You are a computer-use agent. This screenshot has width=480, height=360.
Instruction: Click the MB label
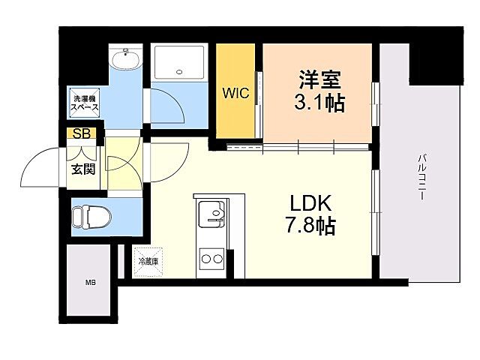click(90, 283)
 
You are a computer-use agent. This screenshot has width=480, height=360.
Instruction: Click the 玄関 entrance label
click(82, 169)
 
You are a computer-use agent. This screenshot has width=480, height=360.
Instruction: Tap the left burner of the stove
click(204, 259)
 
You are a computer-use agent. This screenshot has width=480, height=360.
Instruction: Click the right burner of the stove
click(218, 259)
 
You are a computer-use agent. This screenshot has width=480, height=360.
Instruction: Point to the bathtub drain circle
click(179, 73)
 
